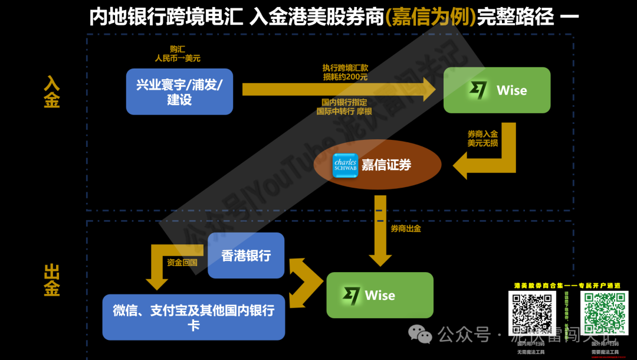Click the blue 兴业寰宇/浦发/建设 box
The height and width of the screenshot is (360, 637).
tap(179, 91)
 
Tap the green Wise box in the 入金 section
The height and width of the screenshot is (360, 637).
tap(497, 90)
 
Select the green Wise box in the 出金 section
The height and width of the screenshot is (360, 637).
tap(380, 295)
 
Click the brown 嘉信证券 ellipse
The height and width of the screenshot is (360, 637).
tap(377, 165)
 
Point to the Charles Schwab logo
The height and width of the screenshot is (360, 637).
tap(345, 165)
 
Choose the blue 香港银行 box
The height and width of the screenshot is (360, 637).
tap(246, 256)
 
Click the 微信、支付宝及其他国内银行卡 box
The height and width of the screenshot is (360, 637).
tap(193, 318)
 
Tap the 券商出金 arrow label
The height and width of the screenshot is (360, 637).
tap(406, 228)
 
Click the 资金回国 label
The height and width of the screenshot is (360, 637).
tap(182, 263)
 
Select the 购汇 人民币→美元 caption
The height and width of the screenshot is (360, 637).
tap(177, 54)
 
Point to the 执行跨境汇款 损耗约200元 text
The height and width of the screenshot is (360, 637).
tap(345, 72)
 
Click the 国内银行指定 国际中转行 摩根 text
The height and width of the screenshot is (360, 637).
tap(345, 106)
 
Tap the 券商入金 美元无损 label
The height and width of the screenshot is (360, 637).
tap(482, 139)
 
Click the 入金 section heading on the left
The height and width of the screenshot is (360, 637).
tap(52, 92)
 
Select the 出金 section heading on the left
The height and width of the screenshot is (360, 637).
tap(52, 280)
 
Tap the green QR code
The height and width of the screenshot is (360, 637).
tap(605, 313)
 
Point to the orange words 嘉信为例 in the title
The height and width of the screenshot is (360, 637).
tap(430, 17)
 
